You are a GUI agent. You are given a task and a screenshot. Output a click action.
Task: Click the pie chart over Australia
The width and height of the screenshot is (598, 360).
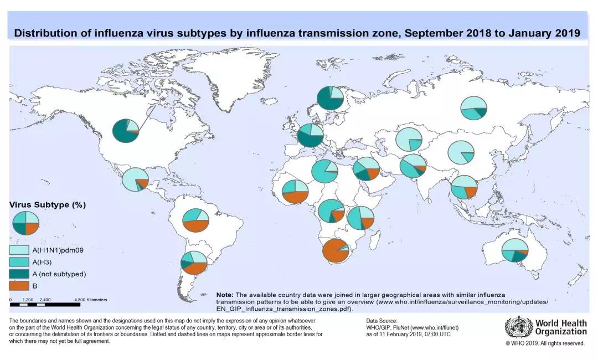pyautogui.click(x=515, y=250)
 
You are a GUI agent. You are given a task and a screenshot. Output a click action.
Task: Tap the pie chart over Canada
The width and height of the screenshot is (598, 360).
pyautogui.click(x=126, y=131)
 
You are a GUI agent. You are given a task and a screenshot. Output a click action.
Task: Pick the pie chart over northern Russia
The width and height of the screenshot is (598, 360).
pyautogui.click(x=473, y=107)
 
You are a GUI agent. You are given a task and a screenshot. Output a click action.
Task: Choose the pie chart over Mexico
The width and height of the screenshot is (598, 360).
pyautogui.click(x=135, y=179)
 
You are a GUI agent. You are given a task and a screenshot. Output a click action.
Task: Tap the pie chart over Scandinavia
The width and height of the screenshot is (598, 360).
pyautogui.click(x=331, y=98)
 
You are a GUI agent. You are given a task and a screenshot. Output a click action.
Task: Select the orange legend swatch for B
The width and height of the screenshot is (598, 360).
pyautogui.click(x=19, y=286)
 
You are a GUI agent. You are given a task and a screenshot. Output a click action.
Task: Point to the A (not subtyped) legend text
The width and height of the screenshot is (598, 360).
pyautogui.click(x=60, y=274)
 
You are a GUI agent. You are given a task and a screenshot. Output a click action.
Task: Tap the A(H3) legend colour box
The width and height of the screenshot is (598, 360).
pyautogui.click(x=19, y=262)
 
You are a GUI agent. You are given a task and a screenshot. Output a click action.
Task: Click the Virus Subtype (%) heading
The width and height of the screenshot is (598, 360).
pyautogui.click(x=48, y=205)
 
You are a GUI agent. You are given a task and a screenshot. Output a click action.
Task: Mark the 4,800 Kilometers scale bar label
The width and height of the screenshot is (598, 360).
pyautogui.click(x=91, y=300)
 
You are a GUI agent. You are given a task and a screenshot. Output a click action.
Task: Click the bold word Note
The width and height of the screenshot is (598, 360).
pyautogui.click(x=224, y=294)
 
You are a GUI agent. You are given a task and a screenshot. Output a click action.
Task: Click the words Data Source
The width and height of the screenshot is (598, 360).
pyautogui.click(x=382, y=321)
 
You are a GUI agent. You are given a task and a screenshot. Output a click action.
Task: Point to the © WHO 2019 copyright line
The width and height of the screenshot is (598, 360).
pyautogui.click(x=545, y=343)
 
